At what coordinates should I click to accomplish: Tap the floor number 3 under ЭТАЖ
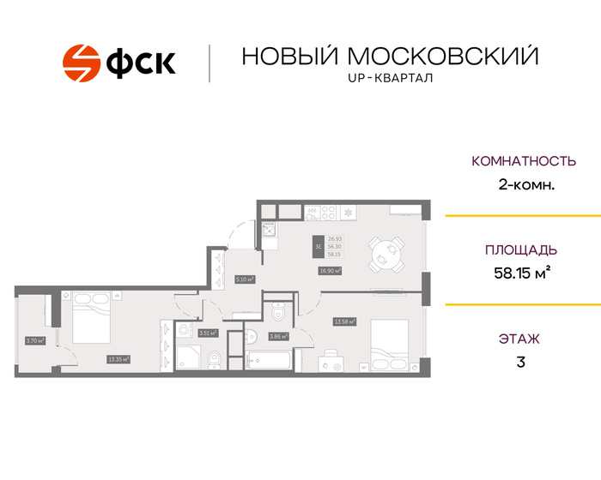pos(520,362)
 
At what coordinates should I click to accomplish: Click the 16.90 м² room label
pos(330,271)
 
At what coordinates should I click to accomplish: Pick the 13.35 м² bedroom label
pos(118,359)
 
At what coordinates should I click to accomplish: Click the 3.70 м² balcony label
pos(34,340)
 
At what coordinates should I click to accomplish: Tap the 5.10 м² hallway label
pos(246,279)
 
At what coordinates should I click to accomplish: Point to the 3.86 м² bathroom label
pos(278,337)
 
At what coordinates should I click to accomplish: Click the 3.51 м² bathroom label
pos(207,333)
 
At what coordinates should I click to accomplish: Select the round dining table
pos(385,253)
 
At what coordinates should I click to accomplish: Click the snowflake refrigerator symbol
pos(349,211)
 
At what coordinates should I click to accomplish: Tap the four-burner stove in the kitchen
pos(313,211)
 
